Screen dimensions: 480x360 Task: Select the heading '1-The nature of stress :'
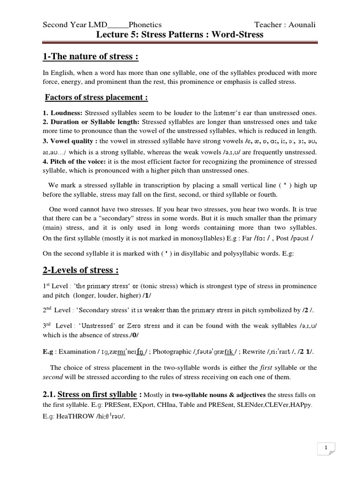(90, 57)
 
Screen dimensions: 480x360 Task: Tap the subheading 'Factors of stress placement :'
(97, 97)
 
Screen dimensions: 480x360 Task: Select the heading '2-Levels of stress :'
(81, 270)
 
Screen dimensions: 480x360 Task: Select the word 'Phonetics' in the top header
(145, 25)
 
